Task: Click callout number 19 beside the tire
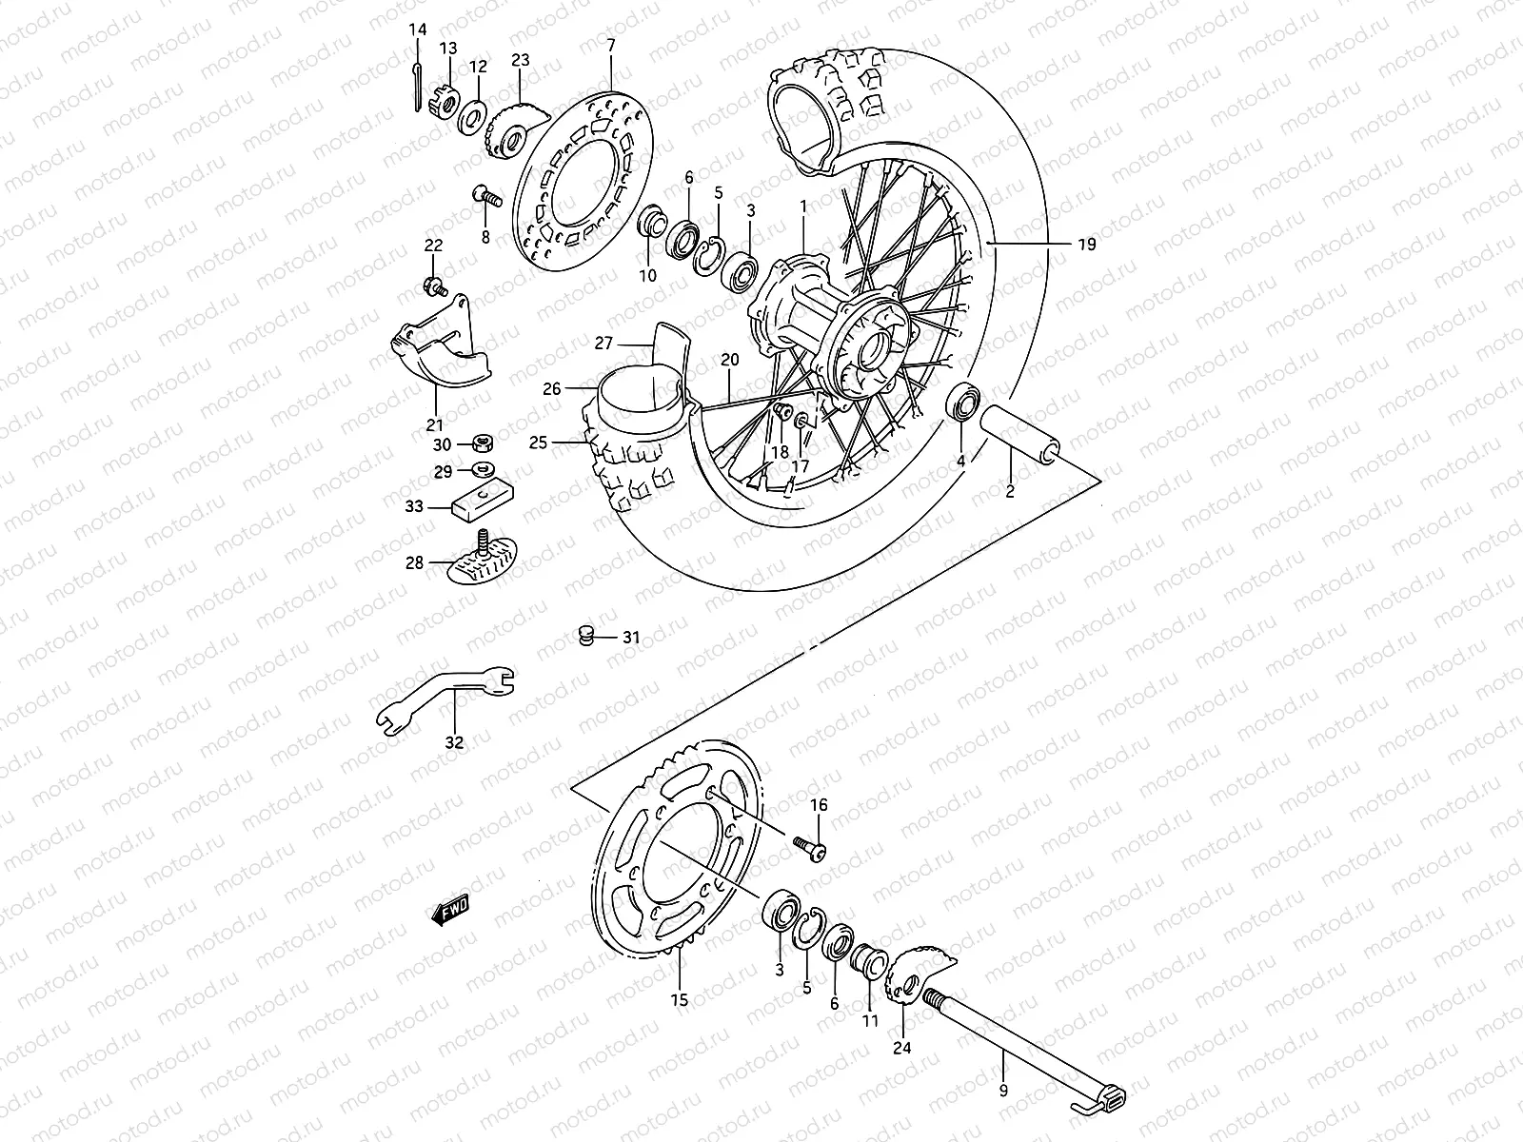[x=1087, y=245]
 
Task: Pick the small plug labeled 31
[x=587, y=635]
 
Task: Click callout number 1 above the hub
[x=802, y=206]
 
